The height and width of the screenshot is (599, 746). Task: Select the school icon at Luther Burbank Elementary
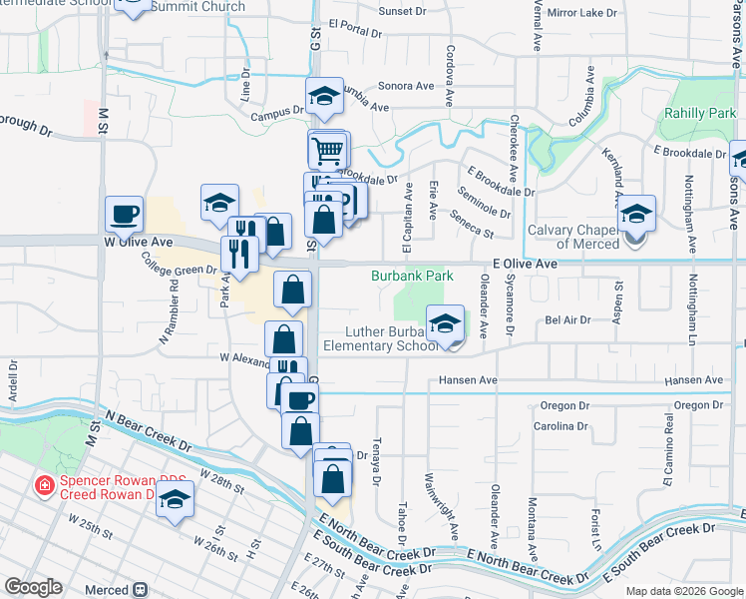coord(445,322)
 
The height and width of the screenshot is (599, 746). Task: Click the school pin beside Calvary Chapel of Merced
coord(635,214)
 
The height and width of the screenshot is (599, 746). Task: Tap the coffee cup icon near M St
coord(125,213)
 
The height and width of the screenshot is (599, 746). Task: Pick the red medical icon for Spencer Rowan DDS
coord(45,486)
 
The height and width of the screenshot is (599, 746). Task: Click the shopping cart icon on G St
coord(329,151)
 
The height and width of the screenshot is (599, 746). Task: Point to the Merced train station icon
coord(141,590)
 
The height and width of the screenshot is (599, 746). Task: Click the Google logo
coord(33,587)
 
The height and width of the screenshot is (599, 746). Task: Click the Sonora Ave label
coord(407,86)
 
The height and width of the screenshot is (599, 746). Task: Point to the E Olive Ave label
coord(525,264)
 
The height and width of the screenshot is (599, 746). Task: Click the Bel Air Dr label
coord(568,320)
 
